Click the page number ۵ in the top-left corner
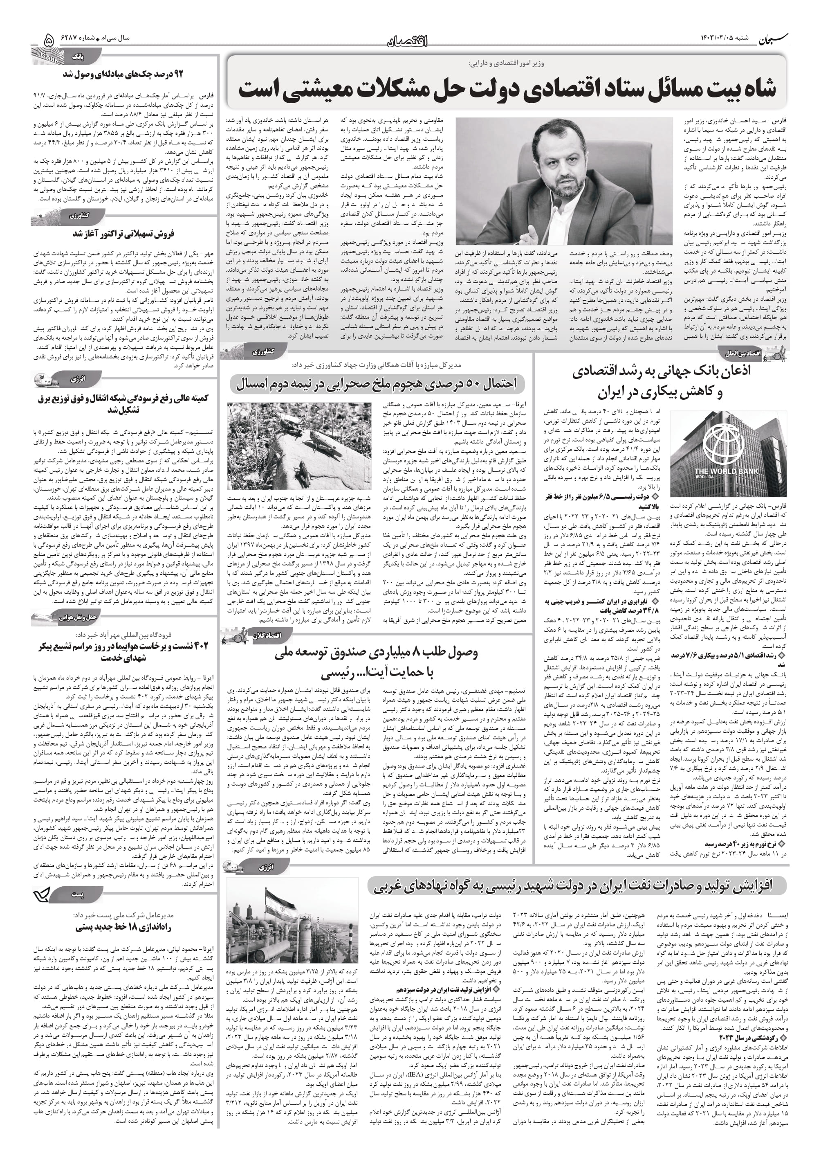(x=49, y=39)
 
